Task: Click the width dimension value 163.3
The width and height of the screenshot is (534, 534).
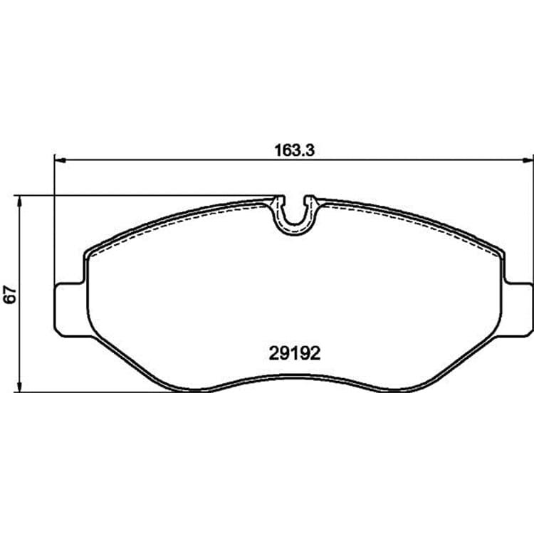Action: click(294, 150)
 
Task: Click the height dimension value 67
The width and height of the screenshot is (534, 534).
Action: click(10, 295)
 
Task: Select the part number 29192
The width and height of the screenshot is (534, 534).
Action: click(295, 354)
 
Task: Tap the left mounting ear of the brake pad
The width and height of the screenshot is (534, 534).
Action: click(69, 309)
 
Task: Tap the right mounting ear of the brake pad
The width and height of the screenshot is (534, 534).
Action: click(518, 309)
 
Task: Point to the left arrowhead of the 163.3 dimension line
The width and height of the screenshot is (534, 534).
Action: click(60, 159)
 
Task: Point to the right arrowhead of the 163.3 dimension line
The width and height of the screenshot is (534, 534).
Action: click(528, 159)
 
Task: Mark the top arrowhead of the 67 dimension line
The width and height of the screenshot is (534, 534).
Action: click(20, 201)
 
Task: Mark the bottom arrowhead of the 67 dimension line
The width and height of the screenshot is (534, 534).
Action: click(20, 386)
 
